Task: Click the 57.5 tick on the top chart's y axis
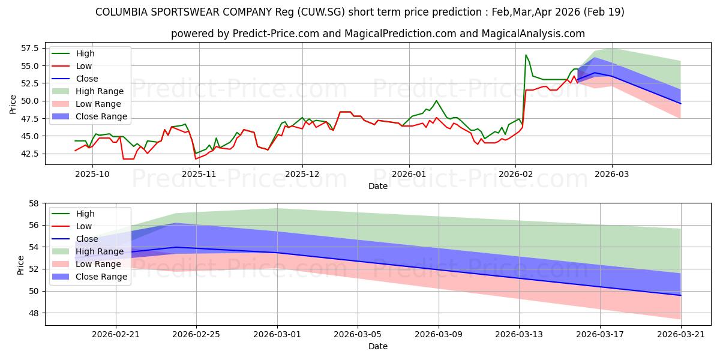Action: coord(29,48)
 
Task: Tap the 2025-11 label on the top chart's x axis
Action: coord(199,174)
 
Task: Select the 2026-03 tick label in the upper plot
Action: coord(611,174)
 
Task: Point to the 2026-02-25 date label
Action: coord(196,335)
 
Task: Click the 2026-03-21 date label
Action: coord(681,335)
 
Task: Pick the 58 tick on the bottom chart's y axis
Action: coord(34,203)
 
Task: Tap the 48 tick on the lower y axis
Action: coord(34,313)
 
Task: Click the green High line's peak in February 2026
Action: coord(526,55)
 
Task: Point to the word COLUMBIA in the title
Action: coord(121,12)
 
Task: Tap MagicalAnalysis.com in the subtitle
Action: coord(533,34)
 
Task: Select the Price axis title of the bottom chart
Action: coord(20,265)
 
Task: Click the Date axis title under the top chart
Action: coord(378,186)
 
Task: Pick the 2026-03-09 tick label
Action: coord(439,335)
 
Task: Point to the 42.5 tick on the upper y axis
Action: coord(29,154)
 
